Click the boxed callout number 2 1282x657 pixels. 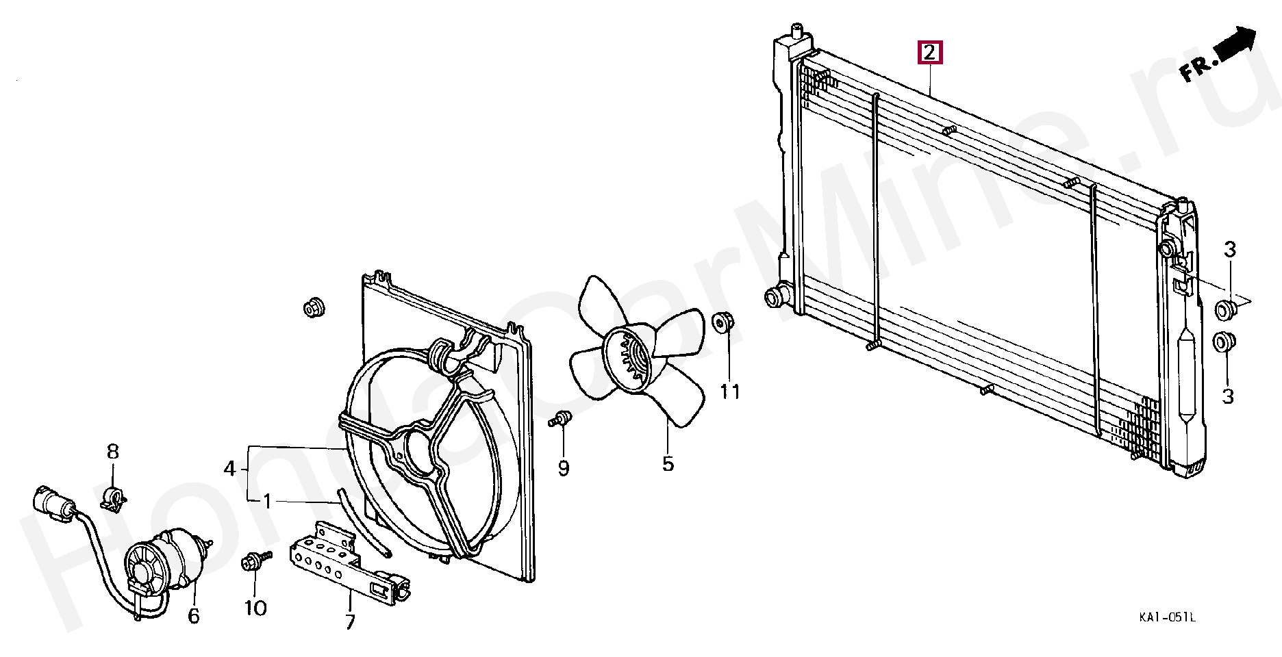point(929,52)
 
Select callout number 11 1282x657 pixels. point(730,392)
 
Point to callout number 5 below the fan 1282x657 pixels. point(668,464)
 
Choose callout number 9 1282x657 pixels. point(564,468)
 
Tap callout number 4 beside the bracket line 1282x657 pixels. point(230,469)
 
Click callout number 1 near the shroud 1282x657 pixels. point(267,502)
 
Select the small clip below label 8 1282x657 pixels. point(114,498)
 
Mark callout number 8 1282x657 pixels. point(113,452)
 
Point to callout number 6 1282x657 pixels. point(194,617)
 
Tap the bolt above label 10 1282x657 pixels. point(251,563)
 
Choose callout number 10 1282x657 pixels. point(255,608)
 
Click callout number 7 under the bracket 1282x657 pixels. point(350,622)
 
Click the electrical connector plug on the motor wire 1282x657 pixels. point(51,504)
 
